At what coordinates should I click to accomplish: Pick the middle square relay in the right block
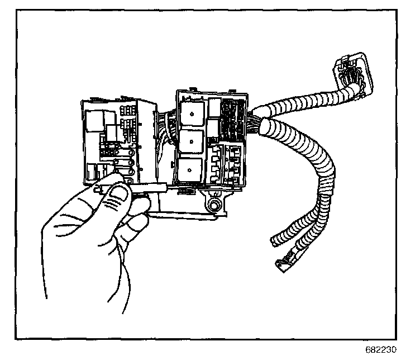[190, 140]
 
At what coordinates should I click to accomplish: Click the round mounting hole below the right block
[214, 205]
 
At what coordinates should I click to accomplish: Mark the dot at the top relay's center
[191, 114]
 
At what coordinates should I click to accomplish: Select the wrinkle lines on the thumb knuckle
[112, 210]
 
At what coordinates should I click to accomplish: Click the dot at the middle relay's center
[190, 140]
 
